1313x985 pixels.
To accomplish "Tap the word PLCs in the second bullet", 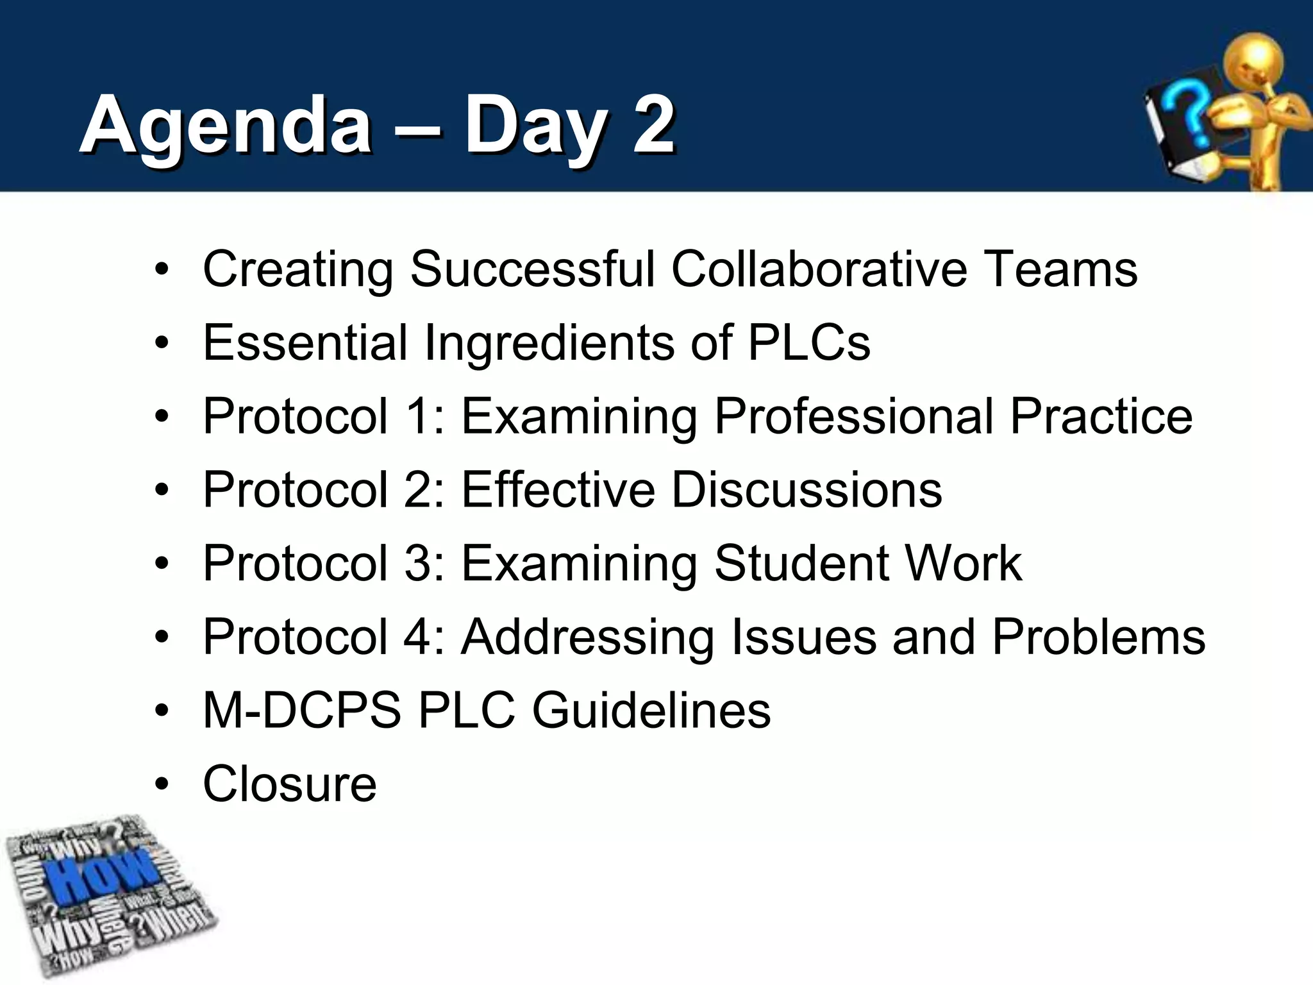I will [x=809, y=342].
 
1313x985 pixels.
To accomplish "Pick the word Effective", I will [x=558, y=490].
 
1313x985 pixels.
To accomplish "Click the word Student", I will [x=801, y=564].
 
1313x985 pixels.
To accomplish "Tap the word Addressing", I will [x=587, y=637].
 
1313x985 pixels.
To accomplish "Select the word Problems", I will [x=1098, y=637].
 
